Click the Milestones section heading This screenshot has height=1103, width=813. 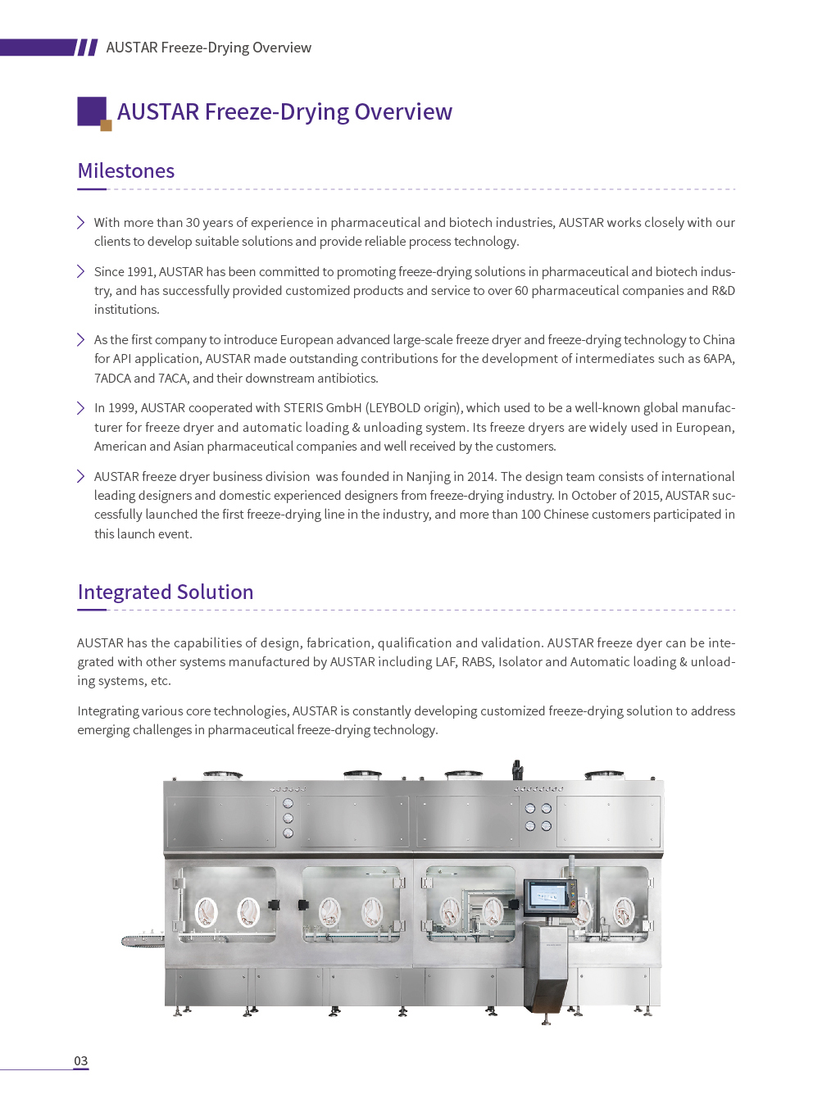(126, 170)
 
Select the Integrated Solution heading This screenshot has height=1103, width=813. (166, 592)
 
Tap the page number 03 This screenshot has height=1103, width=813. (81, 1060)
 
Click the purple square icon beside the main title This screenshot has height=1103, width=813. (92, 111)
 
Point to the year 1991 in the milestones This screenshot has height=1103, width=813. (141, 272)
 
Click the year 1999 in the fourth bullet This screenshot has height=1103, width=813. (122, 408)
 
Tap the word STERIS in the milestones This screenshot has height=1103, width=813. (303, 408)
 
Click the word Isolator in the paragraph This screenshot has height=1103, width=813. (520, 662)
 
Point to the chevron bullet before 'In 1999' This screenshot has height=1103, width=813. (81, 408)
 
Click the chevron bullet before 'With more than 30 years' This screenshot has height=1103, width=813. (81, 222)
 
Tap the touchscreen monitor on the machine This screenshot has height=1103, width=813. (547, 896)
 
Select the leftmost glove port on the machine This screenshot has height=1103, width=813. (206, 912)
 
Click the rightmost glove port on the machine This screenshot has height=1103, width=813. (625, 911)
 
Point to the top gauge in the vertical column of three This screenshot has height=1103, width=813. (288, 803)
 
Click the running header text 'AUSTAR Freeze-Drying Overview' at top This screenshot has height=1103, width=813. (209, 48)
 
